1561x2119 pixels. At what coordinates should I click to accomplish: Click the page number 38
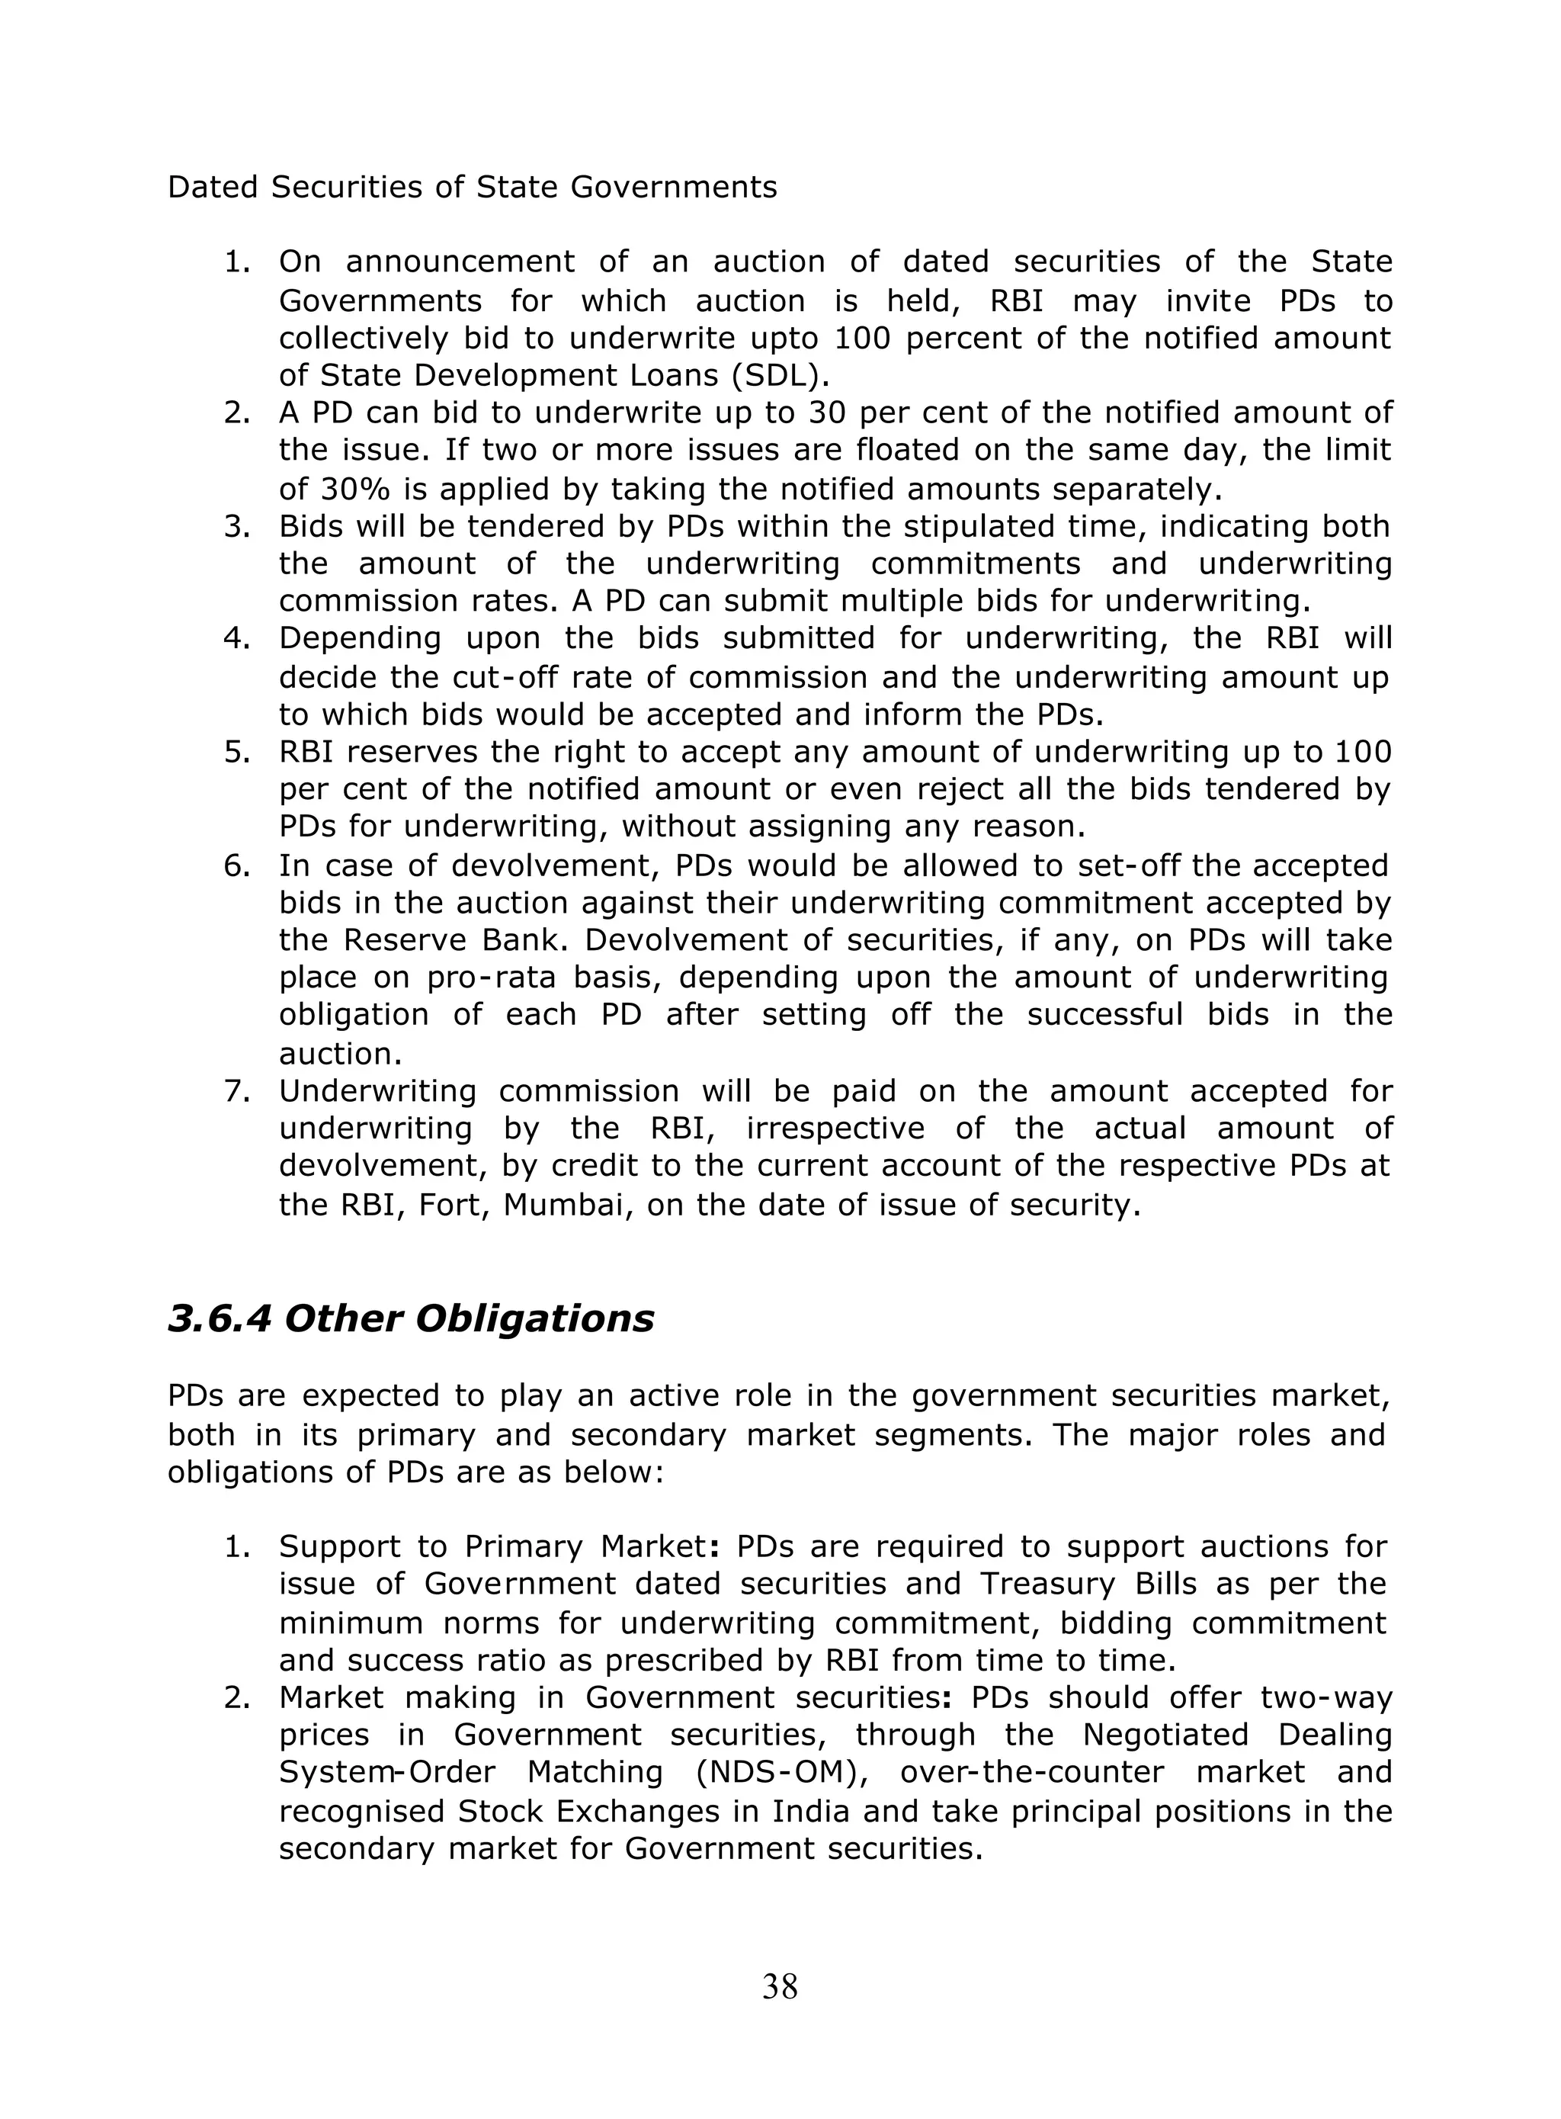coord(780,1988)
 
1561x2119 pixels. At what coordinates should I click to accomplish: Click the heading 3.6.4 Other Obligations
coord(410,1318)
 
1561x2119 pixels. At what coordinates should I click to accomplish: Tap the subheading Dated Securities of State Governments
coord(472,187)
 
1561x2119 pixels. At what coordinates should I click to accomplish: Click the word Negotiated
coord(1165,1735)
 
